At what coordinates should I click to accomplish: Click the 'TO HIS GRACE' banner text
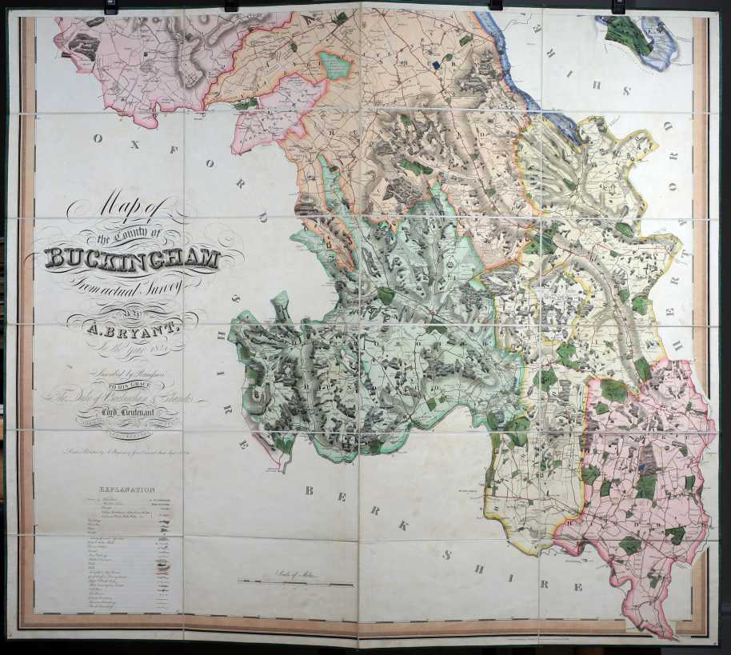[128, 385]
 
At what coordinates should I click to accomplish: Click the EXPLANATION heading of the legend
[127, 489]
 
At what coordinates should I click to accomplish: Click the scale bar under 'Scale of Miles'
[296, 583]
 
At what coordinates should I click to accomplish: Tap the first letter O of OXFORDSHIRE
[98, 138]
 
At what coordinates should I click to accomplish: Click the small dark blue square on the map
[436, 66]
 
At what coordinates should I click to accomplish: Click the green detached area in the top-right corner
[629, 35]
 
